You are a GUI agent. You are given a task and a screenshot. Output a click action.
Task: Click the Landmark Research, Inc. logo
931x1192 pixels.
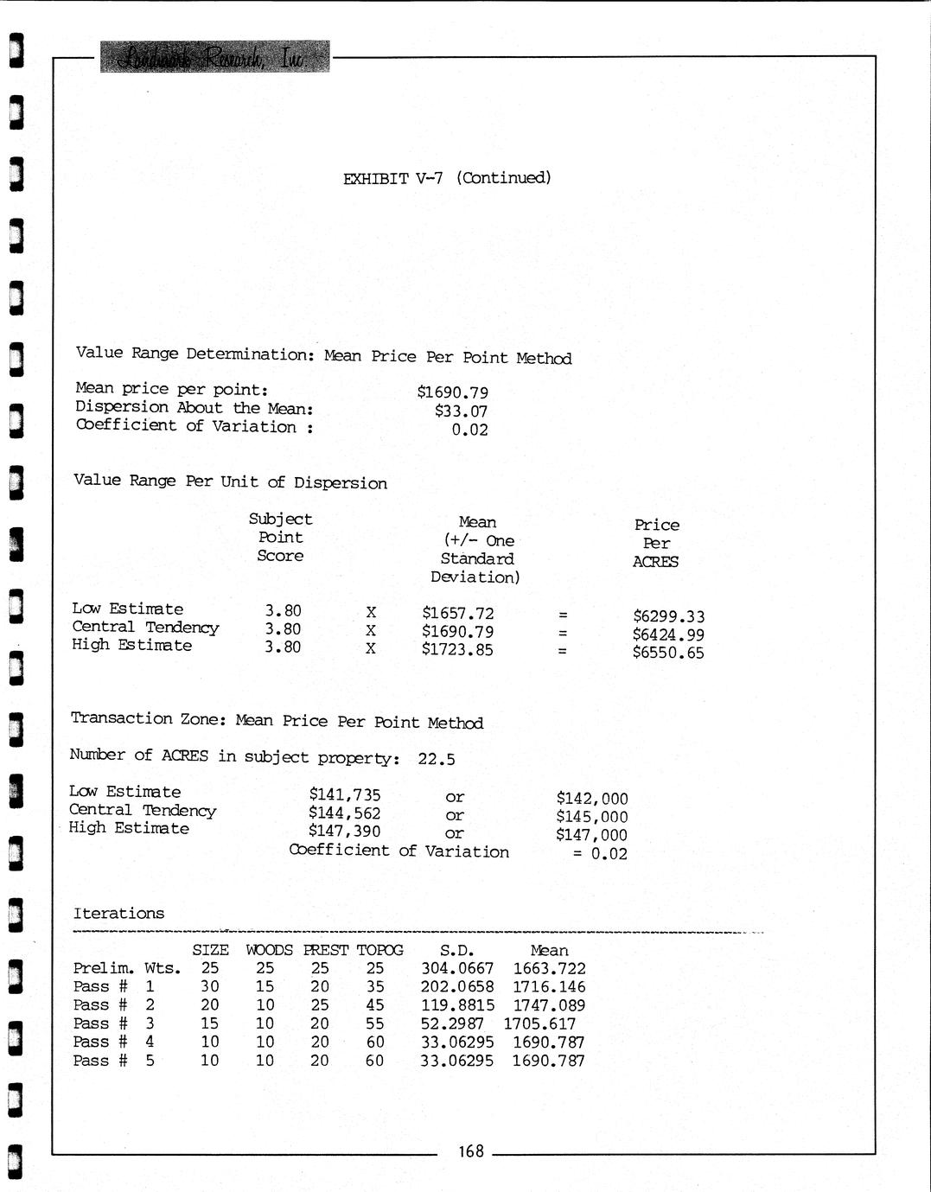tap(214, 57)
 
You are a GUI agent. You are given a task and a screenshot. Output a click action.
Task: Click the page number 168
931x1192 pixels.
tap(471, 1151)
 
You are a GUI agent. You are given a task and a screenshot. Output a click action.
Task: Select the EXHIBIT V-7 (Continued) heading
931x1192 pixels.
tap(447, 178)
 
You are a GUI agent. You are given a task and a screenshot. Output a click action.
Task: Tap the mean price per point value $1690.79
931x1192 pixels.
tap(452, 392)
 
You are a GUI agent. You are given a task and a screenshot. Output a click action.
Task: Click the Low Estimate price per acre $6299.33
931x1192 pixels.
tap(668, 616)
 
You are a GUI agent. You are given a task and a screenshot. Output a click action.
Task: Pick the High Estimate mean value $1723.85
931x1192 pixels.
tap(457, 649)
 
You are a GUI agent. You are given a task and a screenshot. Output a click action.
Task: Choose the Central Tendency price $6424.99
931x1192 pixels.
tap(668, 634)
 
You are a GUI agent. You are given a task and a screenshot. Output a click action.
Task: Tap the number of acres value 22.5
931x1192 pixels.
tap(436, 759)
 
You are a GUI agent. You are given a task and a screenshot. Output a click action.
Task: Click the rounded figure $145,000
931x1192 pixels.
tap(591, 817)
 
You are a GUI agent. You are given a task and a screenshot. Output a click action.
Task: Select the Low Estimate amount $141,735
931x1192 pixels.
tap(344, 795)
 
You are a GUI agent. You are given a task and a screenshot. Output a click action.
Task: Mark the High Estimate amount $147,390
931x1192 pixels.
tap(344, 832)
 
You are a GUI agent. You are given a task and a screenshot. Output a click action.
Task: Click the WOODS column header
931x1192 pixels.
tap(269, 950)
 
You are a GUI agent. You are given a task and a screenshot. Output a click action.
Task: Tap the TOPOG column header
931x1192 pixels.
tap(379, 950)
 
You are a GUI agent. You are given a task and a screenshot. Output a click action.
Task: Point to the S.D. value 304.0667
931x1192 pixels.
tap(456, 969)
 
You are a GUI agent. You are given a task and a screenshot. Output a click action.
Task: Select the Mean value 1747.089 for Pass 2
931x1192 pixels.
tap(548, 1005)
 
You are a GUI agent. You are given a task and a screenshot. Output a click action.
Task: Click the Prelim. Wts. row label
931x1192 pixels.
tap(126, 969)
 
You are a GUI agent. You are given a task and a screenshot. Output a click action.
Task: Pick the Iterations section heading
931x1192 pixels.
tap(118, 914)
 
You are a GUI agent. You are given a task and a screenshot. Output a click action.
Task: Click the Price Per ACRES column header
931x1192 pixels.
tap(656, 543)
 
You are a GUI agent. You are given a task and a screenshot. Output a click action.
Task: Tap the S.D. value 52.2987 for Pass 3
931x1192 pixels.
tap(451, 1023)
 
